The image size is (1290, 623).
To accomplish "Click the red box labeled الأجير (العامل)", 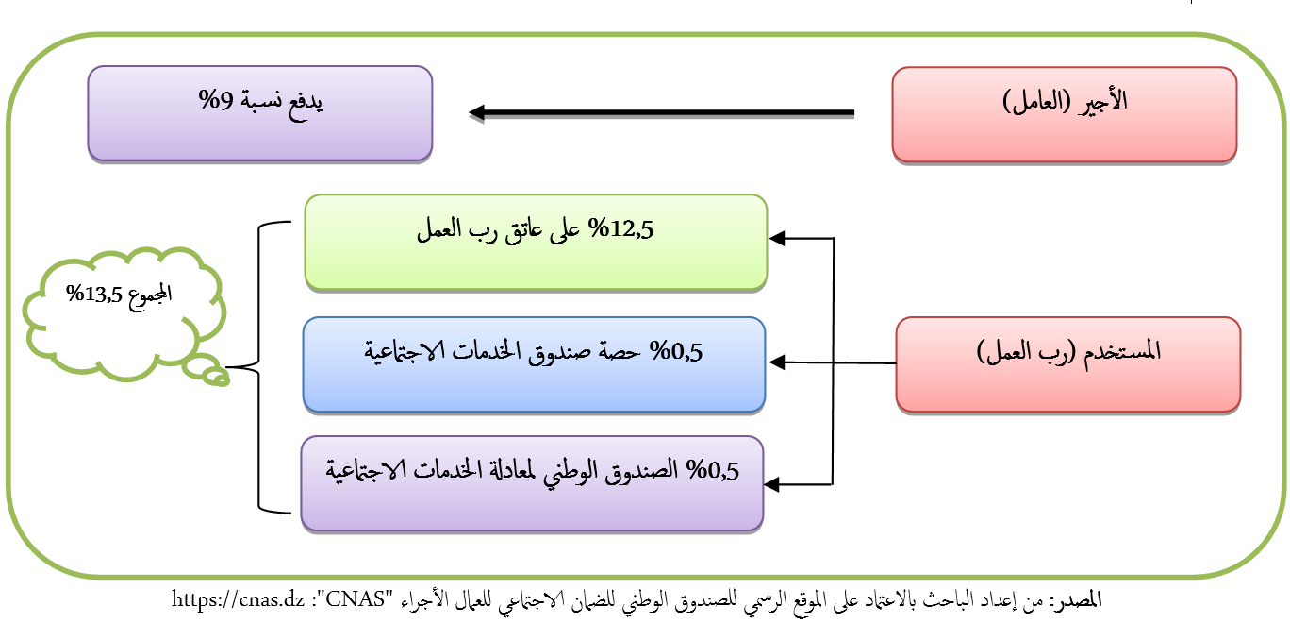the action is (1064, 113).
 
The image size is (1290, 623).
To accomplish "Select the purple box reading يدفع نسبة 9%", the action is (259, 113).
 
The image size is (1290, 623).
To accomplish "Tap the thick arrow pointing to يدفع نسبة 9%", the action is (660, 113).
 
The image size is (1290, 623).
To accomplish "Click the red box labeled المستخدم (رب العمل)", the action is (1067, 364).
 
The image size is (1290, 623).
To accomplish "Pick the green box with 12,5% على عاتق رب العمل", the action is (536, 241).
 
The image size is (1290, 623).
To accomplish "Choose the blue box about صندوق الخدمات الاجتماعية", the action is (534, 364).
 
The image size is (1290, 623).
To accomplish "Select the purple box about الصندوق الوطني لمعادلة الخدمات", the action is (532, 482).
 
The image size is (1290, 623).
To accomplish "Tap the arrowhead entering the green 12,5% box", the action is (778, 239).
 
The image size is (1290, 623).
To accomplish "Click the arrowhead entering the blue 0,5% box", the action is (778, 362).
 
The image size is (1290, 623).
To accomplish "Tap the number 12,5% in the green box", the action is (623, 230).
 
